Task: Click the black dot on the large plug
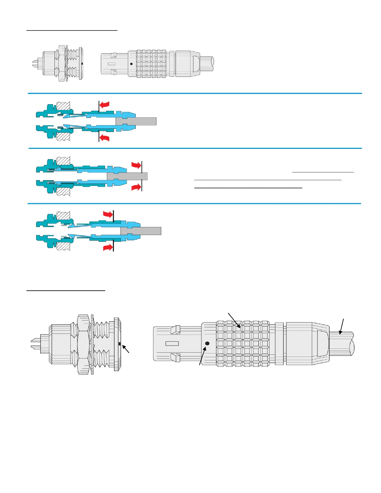pos(207,343)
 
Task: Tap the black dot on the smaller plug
pos(131,64)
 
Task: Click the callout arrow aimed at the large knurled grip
pos(234,320)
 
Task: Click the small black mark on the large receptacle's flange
pos(120,344)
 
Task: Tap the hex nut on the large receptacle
pos(83,344)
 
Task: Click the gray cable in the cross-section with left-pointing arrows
pos(140,121)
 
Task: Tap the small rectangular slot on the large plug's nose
pos(172,344)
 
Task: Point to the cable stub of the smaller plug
pos(207,63)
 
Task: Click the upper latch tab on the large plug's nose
pos(176,330)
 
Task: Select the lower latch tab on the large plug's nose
pos(176,357)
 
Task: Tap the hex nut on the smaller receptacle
pos(62,63)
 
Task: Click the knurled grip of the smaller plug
pos(151,63)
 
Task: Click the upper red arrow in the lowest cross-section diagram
pos(108,214)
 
